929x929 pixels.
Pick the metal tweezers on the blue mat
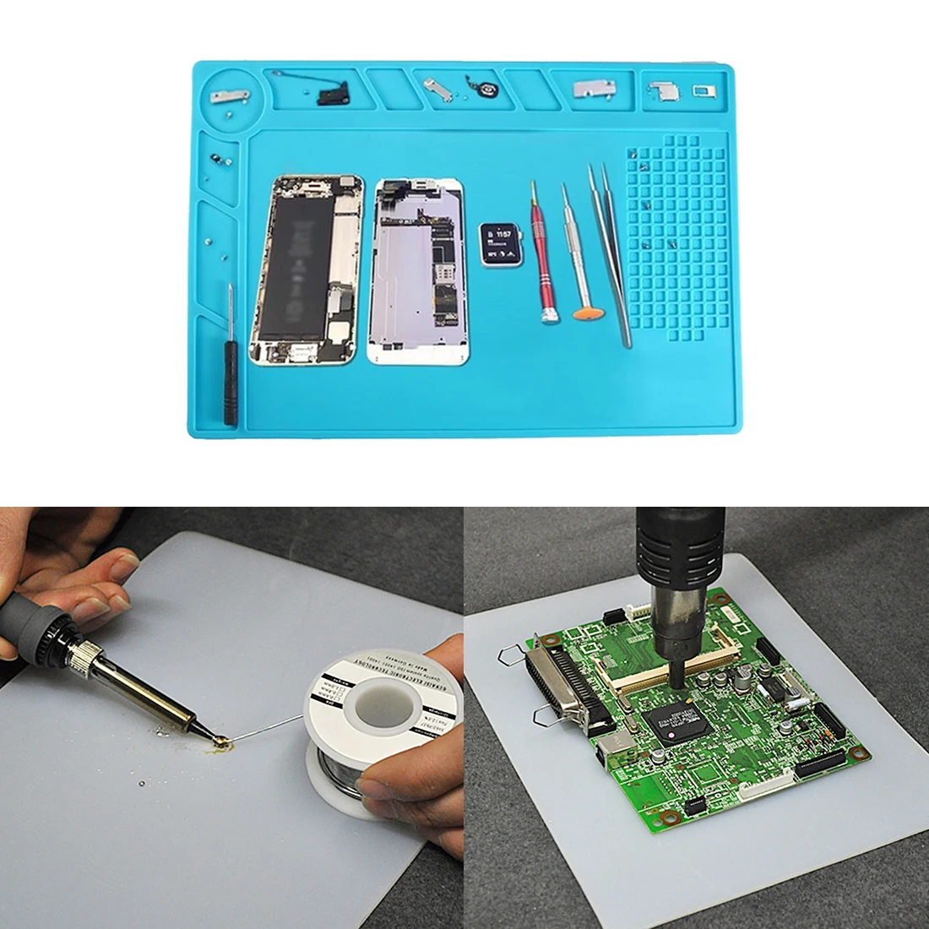611,253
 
